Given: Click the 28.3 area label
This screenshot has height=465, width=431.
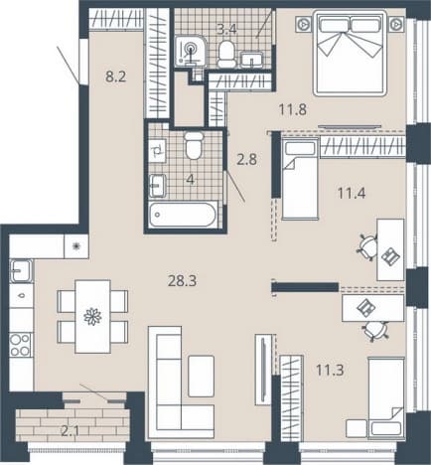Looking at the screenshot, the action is coord(182,281).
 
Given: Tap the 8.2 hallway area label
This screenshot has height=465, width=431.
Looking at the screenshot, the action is coord(116,77).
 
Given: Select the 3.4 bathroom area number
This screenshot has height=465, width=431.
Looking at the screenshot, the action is coord(226,30).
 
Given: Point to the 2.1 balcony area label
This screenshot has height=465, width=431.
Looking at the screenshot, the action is coord(71,431).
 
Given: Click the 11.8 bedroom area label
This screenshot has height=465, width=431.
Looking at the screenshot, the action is coord(293,109).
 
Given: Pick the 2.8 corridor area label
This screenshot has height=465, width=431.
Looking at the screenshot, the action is coord(247,160).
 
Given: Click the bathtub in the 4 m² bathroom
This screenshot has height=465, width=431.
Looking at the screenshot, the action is coord(183,215).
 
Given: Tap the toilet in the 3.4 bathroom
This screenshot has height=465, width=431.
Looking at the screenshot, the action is coord(226,54).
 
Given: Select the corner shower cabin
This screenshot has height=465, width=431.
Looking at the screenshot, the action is coord(190,51).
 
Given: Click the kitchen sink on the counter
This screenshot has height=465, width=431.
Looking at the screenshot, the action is coord(22,271).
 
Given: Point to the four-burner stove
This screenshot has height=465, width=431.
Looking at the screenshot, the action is coord(21,345).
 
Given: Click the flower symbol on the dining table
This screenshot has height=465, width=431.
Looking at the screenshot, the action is coord(92,316).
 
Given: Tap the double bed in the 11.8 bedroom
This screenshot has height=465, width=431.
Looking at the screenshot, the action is coord(350,53).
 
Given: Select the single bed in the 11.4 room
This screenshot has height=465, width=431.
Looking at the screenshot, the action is coord(300,179).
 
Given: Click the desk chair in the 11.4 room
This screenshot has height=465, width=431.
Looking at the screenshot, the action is coord(366,246).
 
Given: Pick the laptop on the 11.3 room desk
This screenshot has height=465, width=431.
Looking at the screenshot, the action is coord(365,307).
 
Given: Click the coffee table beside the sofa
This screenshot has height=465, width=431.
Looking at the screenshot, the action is coord(201,376).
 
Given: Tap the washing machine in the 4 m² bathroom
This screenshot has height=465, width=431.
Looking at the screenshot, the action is coord(157,151).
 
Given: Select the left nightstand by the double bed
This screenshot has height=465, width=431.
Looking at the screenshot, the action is coord(304,24).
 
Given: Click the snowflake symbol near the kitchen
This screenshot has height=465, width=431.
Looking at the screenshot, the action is coord(76,245).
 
